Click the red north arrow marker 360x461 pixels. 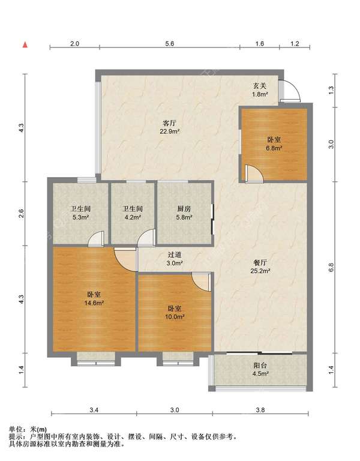point(26,44)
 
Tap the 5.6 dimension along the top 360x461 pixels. point(170,43)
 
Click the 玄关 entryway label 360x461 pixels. point(260,86)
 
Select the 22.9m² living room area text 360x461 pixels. point(170,131)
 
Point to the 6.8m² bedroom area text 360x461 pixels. point(274,148)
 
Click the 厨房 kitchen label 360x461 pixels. point(184,209)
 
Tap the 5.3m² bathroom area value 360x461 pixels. point(80,217)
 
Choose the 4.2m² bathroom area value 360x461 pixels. point(133,217)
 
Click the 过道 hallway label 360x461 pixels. point(175,255)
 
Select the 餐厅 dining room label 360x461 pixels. point(260,262)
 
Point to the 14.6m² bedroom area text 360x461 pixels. point(94,303)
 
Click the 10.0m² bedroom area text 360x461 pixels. point(175,317)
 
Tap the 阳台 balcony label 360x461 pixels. point(260,366)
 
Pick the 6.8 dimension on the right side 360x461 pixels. point(331,267)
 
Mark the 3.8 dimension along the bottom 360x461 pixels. point(260,410)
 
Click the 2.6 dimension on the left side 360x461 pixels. point(21,213)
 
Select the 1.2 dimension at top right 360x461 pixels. point(295,43)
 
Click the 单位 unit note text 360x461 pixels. point(16,430)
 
